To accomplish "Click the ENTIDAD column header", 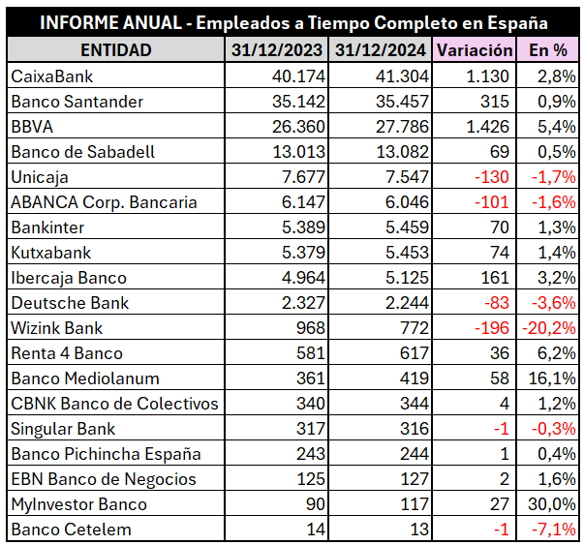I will point(115,49).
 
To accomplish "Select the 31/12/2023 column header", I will point(278,49).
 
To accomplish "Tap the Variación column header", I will point(474,49).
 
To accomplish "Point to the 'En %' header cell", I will point(547,49).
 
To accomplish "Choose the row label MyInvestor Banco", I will point(78,504).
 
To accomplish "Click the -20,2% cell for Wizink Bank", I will point(548,328).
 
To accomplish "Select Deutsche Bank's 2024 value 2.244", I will point(402,303).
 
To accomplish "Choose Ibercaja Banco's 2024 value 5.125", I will point(402,278).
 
